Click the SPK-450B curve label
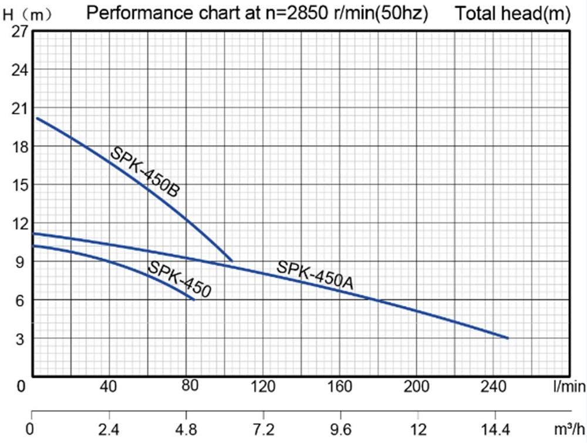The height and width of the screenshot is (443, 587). tap(144, 172)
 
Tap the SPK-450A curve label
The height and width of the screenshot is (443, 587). tap(315, 275)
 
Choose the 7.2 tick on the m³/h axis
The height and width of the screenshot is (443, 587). tap(263, 428)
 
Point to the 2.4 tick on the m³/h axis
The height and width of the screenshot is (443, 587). tap(109, 428)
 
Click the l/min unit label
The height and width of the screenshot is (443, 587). tap(569, 387)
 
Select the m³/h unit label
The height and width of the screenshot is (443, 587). tap(569, 428)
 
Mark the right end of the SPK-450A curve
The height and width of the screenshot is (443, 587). tap(508, 338)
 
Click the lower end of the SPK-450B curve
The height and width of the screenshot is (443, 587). tap(232, 260)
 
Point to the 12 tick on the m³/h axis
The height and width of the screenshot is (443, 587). tap(417, 428)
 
